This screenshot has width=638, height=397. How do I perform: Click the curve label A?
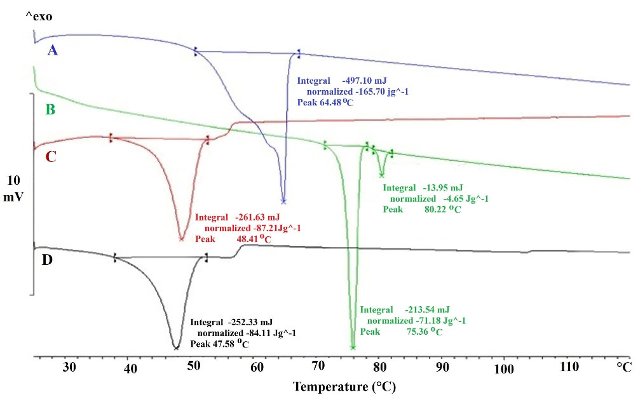[x=53, y=50]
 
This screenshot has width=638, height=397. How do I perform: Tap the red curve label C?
[x=51, y=156]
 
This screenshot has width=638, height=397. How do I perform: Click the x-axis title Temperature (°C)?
[x=347, y=386]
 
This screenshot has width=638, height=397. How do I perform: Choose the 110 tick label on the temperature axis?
[x=566, y=368]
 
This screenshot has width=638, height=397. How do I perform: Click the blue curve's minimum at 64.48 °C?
[x=283, y=201]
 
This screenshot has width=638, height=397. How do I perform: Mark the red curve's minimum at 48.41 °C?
[x=182, y=239]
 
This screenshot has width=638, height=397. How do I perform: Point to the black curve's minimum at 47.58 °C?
[x=175, y=347]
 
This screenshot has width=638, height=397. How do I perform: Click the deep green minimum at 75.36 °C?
[x=353, y=347]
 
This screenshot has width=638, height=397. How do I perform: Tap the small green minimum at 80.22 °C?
[x=381, y=176]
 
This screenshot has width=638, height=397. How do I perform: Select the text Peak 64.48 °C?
[x=324, y=102]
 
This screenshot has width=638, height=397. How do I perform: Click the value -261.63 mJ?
[x=259, y=217]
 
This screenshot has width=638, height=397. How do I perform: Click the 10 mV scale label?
[x=13, y=189]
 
